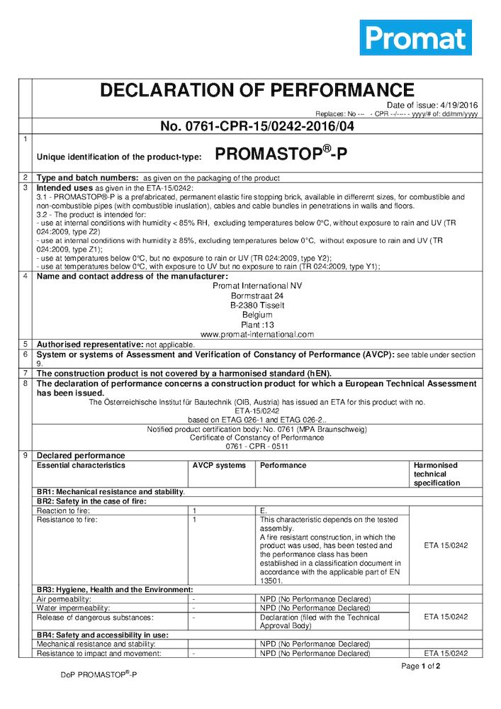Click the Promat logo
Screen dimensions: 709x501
point(415,38)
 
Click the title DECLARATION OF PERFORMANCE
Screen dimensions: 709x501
point(257,91)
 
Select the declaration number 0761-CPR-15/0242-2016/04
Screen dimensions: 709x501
point(257,127)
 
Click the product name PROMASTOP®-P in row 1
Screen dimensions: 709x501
point(281,154)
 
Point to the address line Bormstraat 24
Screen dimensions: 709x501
point(257,295)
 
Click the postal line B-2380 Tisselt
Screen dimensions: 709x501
point(257,305)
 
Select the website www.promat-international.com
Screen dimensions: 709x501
point(257,334)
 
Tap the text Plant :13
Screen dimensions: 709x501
point(257,324)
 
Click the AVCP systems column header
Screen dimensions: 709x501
point(219,465)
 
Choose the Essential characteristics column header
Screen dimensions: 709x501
point(81,465)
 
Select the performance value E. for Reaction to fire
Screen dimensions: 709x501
point(264,510)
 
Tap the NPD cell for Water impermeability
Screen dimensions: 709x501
point(314,608)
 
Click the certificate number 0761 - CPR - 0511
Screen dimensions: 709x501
point(257,447)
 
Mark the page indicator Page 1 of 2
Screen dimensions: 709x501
point(421,666)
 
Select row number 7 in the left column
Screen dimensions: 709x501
point(26,373)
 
